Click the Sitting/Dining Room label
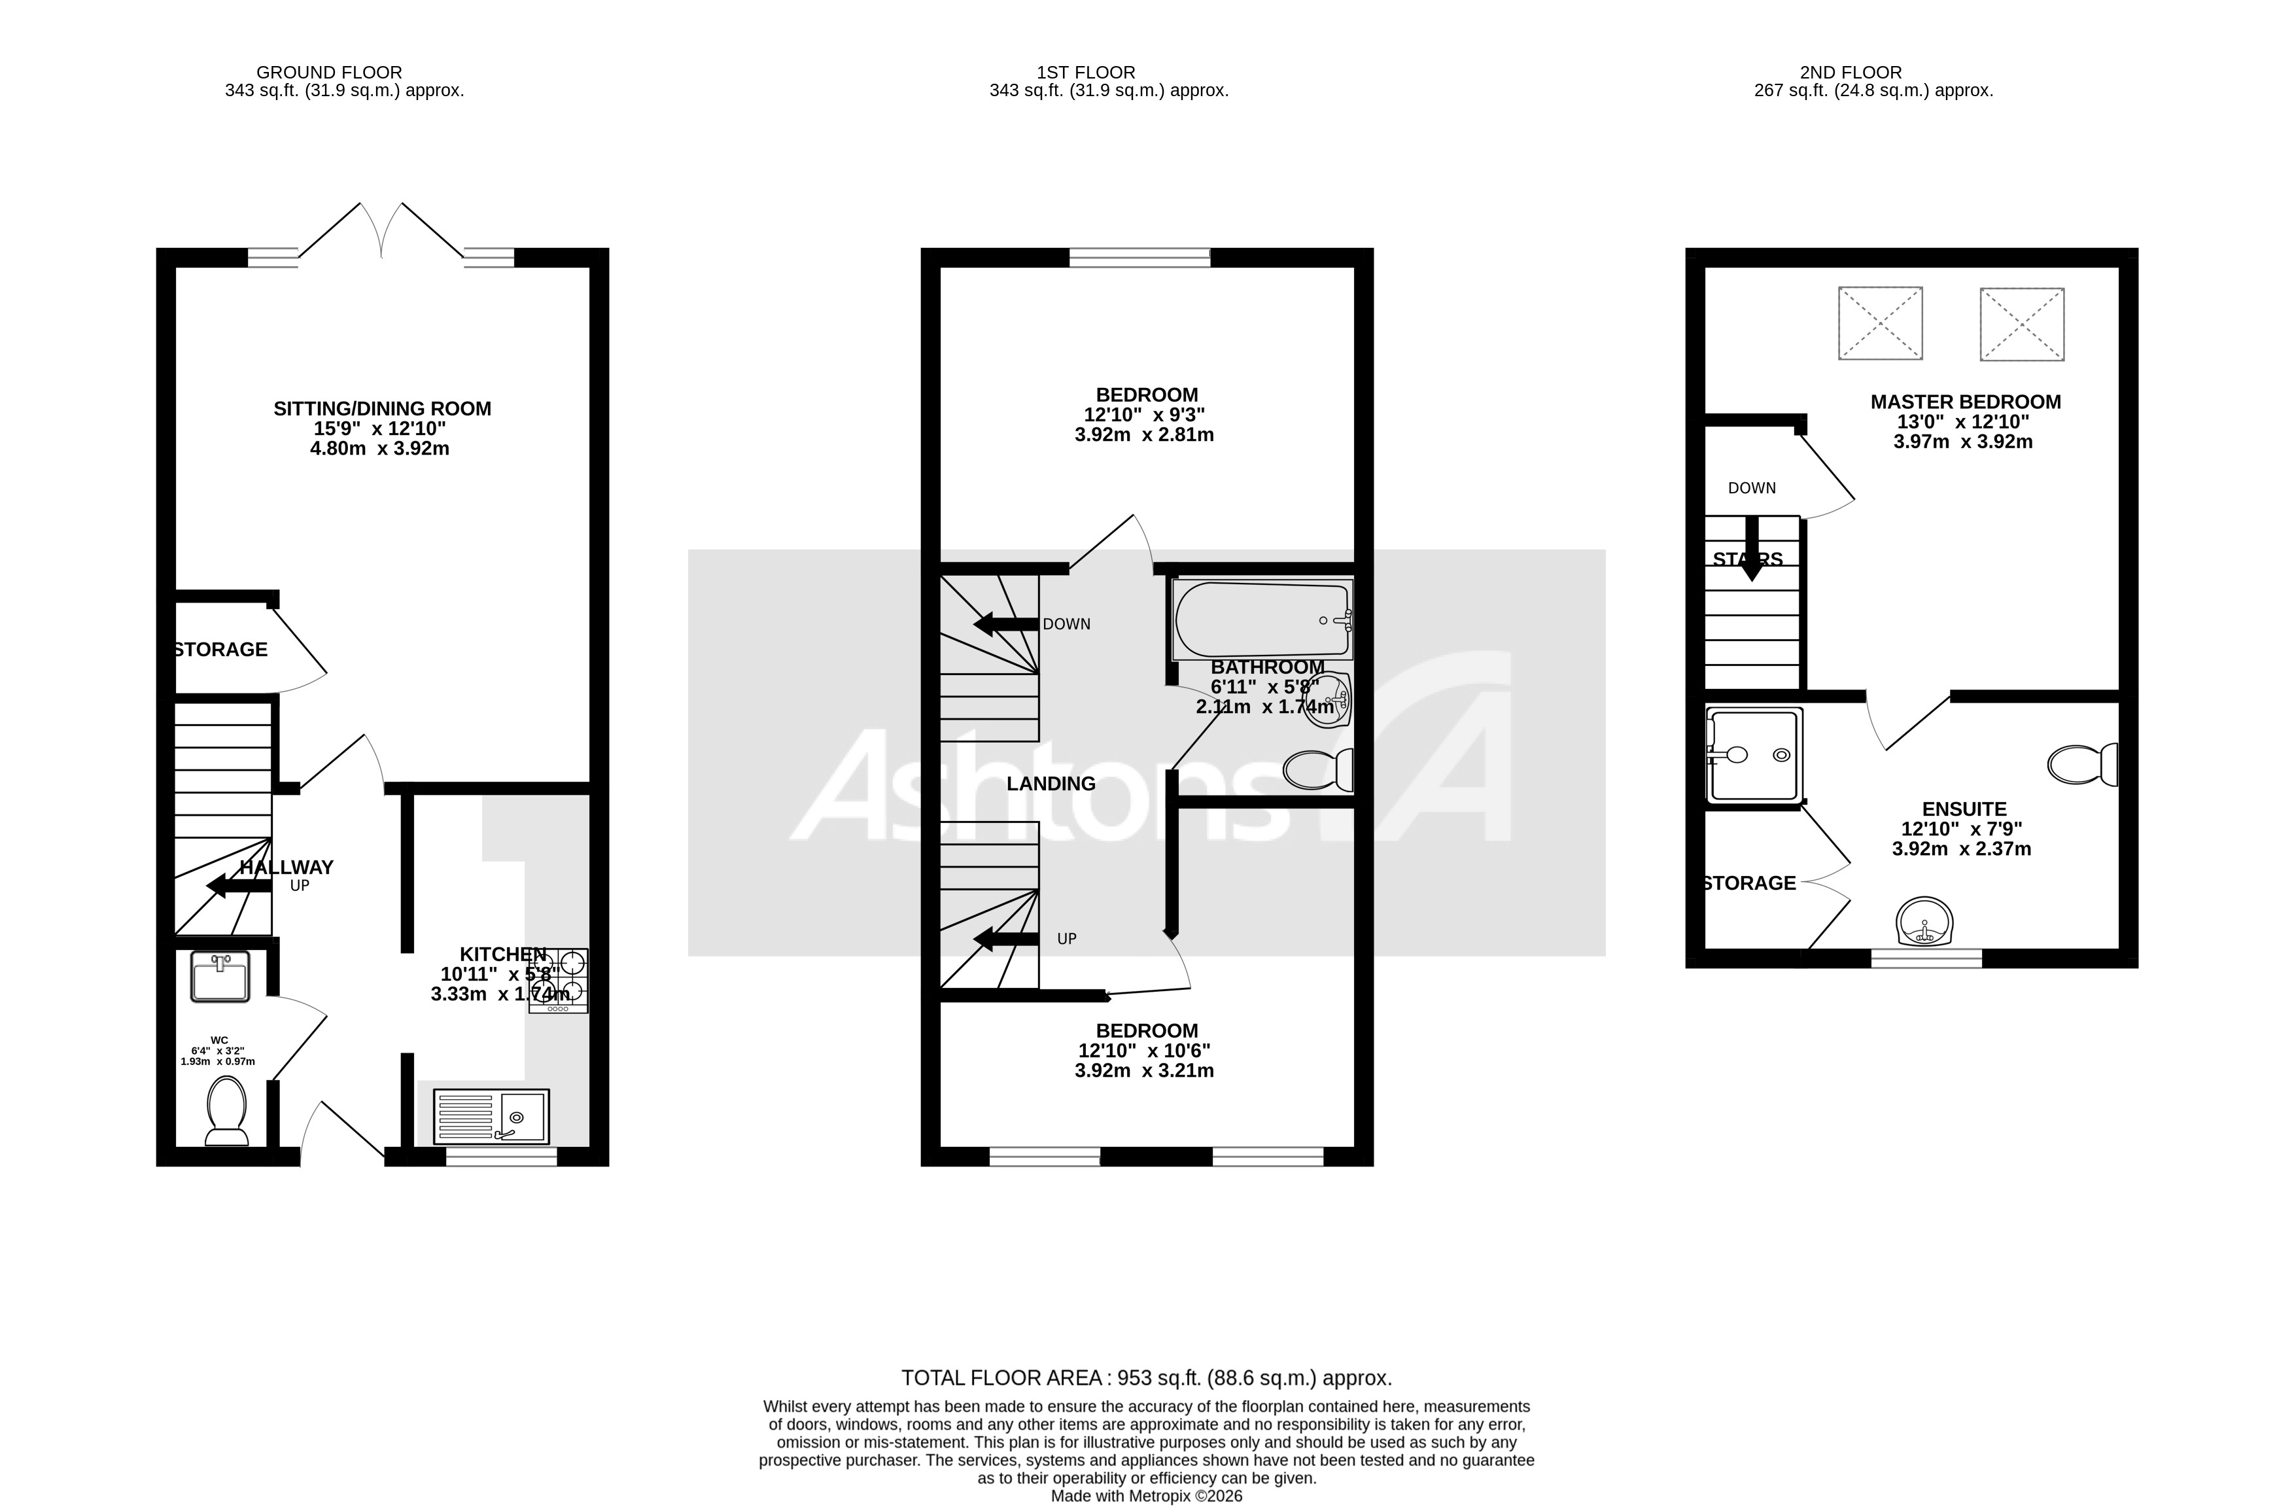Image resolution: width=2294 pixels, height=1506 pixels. (x=382, y=409)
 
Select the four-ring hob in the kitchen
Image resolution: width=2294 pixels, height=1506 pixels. (x=558, y=979)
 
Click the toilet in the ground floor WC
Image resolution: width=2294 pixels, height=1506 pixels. (x=226, y=1111)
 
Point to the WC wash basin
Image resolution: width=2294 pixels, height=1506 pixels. (x=220, y=977)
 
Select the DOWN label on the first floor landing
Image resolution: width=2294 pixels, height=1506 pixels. (x=1066, y=624)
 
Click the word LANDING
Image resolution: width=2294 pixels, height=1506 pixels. (x=1051, y=784)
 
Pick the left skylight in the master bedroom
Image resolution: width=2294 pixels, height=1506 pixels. (x=1879, y=323)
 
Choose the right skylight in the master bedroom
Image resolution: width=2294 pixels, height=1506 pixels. (x=2021, y=324)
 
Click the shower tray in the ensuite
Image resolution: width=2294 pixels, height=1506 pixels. (x=1753, y=756)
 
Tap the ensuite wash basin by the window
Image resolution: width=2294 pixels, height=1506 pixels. (x=1924, y=922)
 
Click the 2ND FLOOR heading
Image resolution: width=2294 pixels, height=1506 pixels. (x=1850, y=73)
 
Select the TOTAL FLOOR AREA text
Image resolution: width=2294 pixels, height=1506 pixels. (x=1146, y=1378)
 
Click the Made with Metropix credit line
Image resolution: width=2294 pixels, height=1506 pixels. (x=1146, y=1496)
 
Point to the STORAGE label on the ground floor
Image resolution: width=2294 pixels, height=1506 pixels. (x=220, y=650)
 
